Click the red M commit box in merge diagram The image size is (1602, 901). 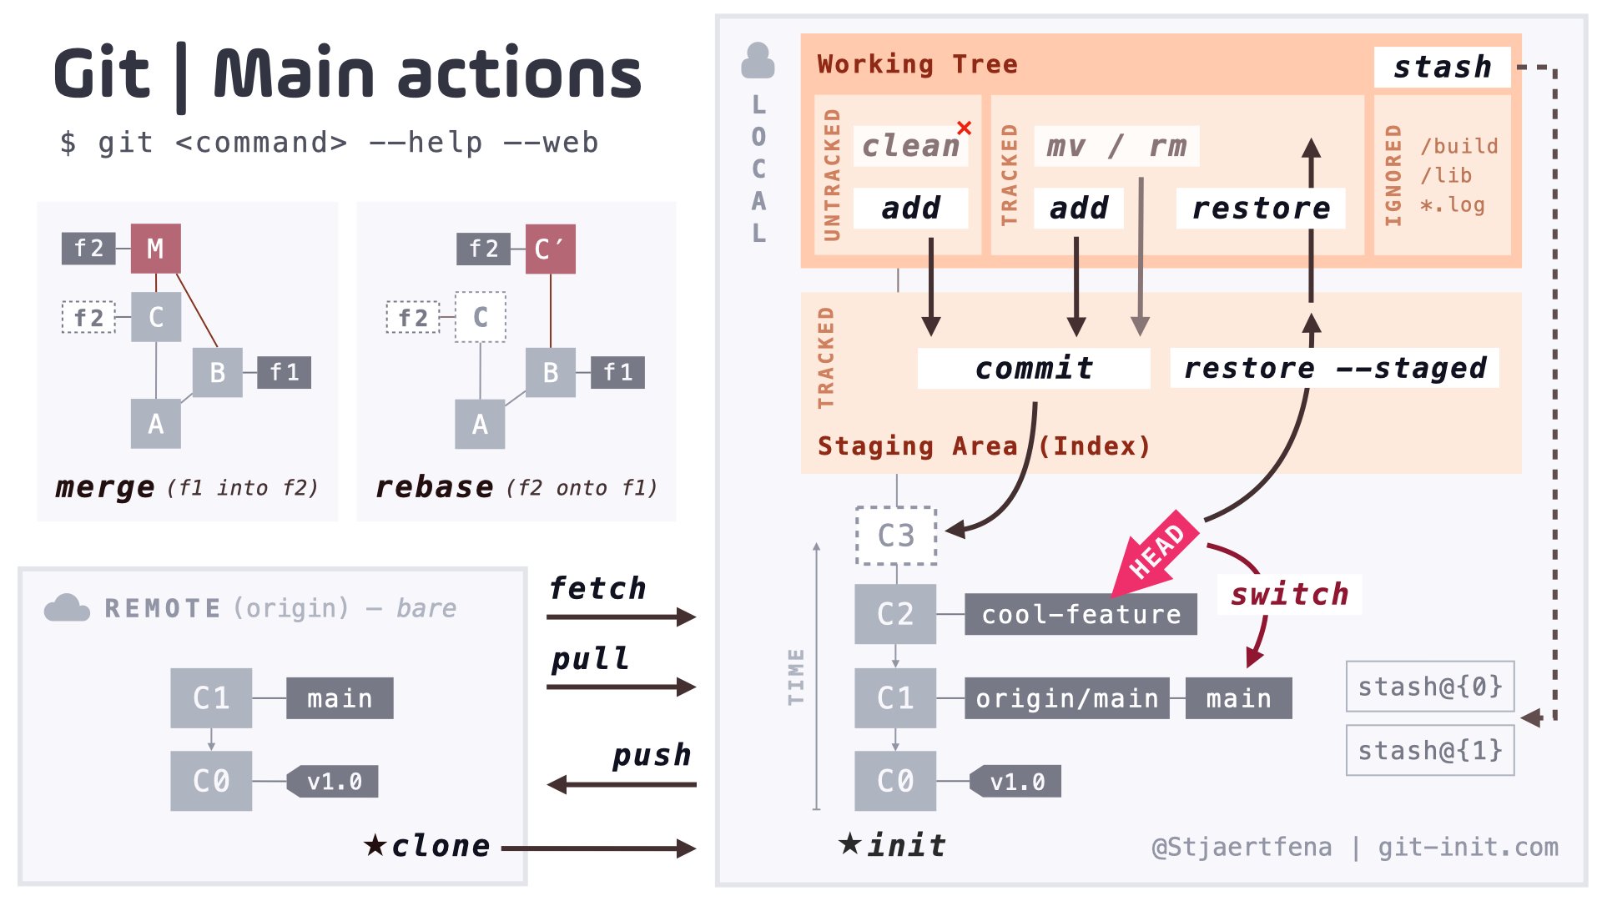(155, 249)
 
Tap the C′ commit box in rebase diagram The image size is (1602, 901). (550, 249)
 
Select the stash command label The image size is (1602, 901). (1442, 67)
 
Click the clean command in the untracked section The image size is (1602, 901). (910, 146)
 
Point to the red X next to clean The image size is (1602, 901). (965, 128)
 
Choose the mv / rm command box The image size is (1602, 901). (1116, 146)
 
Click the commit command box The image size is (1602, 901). (1034, 368)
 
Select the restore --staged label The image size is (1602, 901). (1334, 368)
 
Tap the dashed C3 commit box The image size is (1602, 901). (896, 536)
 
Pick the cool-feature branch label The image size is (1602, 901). (1081, 615)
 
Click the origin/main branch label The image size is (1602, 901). (1066, 698)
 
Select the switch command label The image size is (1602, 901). (1289, 595)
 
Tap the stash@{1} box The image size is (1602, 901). (1430, 751)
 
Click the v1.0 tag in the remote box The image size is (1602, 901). (334, 782)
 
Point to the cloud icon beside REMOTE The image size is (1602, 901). (67, 608)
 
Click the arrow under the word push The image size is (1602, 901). (622, 784)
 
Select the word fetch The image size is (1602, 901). (597, 588)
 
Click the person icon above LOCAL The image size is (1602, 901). (758, 61)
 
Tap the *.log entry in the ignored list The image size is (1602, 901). (1453, 205)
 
